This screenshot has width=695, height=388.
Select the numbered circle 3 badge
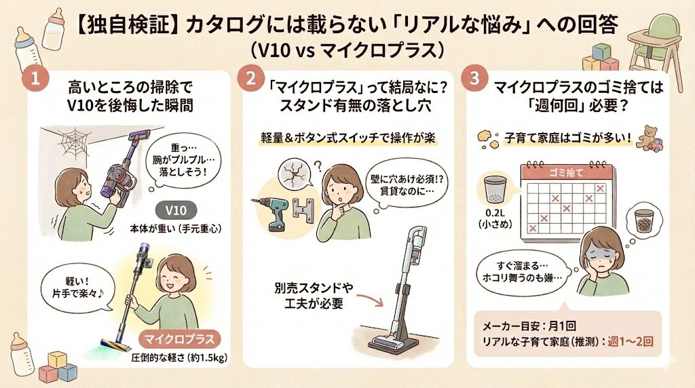472,79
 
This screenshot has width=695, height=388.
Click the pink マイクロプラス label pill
181,337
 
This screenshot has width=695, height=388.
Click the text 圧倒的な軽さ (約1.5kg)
179,357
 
